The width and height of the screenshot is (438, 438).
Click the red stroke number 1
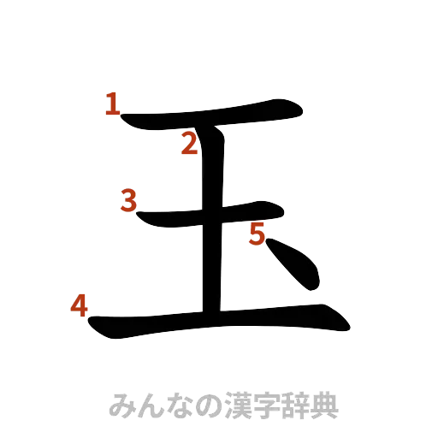[x=111, y=104]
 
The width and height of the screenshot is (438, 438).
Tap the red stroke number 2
[x=189, y=145]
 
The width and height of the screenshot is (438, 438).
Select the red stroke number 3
[x=128, y=201]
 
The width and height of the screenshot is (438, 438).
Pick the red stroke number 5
[x=257, y=233]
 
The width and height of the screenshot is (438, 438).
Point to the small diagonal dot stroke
[x=295, y=265]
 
